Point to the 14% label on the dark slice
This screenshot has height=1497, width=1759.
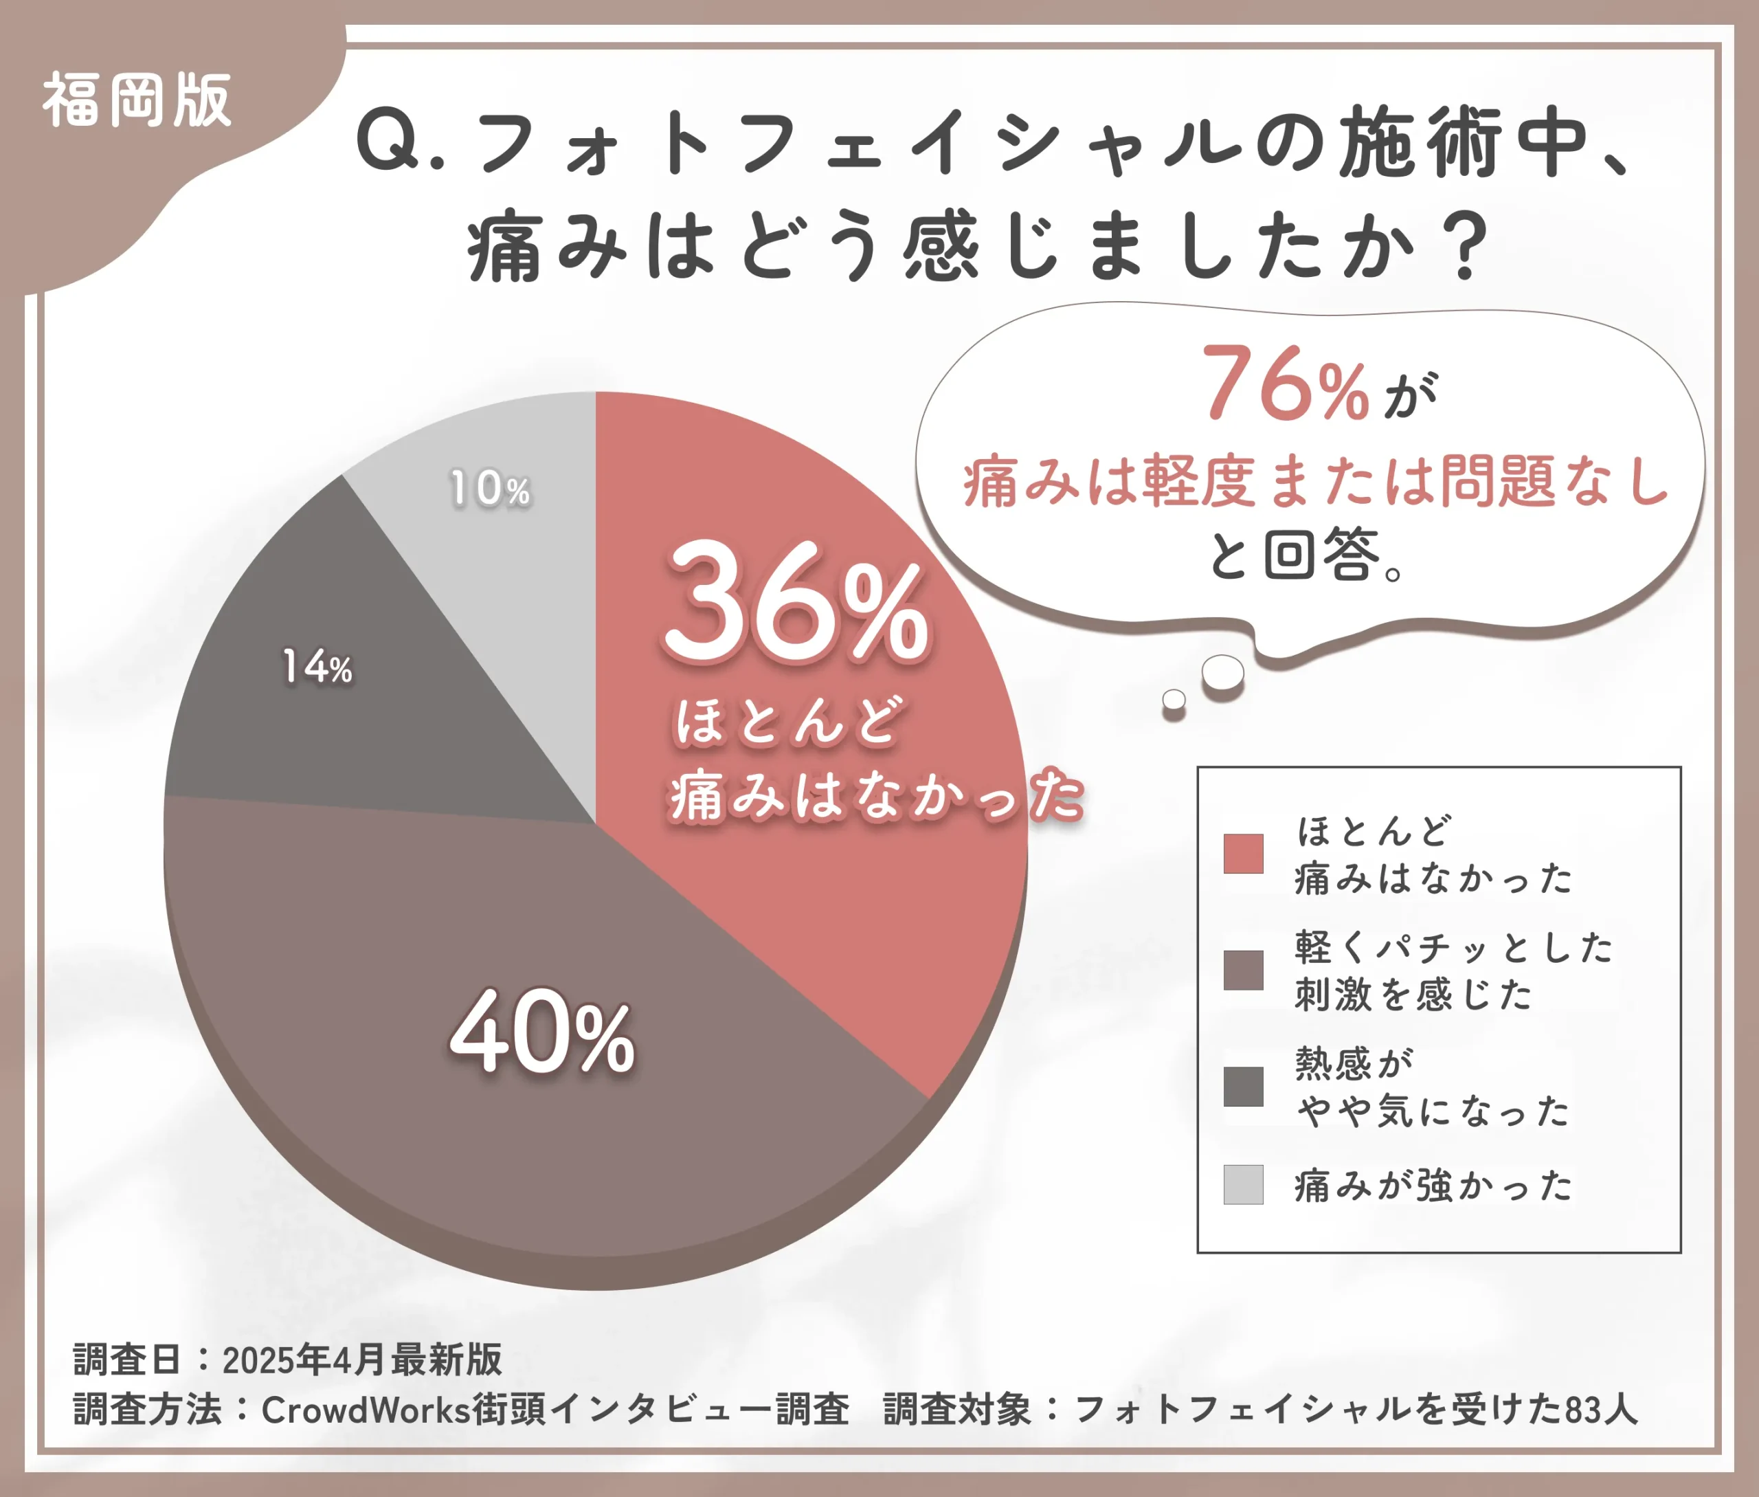[317, 667]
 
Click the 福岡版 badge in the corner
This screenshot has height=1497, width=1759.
[137, 100]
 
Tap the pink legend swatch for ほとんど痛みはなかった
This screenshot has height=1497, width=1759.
[1243, 854]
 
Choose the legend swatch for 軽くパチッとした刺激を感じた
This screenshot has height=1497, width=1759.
[1243, 970]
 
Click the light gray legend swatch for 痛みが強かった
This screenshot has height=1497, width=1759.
[1243, 1185]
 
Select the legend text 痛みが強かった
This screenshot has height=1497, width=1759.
[1433, 1186]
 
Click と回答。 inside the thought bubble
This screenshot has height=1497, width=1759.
[1307, 556]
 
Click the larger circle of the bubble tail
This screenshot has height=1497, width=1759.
[1223, 673]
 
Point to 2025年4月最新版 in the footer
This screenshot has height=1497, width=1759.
[362, 1359]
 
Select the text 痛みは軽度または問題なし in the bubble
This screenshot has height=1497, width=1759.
[1315, 481]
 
